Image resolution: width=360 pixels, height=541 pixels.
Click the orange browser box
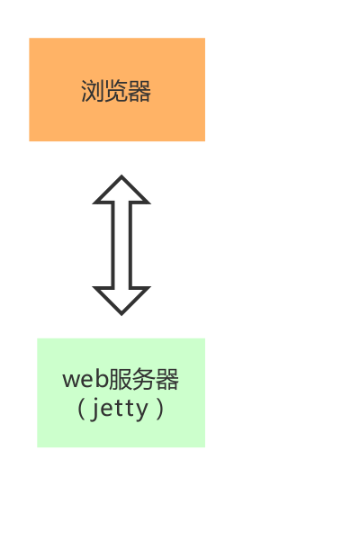pos(117,89)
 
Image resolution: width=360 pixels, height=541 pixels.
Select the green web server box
pos(121,392)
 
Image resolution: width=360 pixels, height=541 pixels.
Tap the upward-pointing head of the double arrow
pos(121,189)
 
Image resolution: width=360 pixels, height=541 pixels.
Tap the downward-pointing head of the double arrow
pos(121,301)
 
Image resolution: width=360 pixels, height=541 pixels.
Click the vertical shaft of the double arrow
pos(121,245)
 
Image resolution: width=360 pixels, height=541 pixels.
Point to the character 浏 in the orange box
pos(93,91)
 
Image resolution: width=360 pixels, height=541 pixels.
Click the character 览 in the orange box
pos(116,91)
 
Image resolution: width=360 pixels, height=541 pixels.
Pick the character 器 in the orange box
pos(139,91)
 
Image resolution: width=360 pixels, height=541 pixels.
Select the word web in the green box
pos(85,379)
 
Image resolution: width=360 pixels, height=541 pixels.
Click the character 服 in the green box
pos(120,379)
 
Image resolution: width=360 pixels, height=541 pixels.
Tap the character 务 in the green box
pos(143,379)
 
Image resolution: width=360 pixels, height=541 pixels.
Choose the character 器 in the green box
pos(166,379)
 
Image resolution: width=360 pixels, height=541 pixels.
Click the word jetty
pos(119,410)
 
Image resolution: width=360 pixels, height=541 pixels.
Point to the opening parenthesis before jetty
pos(81,410)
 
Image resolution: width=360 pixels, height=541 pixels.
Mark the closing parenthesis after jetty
pos(159,410)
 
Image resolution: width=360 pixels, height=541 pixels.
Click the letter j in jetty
pos(94,410)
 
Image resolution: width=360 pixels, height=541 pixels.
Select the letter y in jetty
pos(142,412)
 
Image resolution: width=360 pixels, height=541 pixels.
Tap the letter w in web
pos(71,381)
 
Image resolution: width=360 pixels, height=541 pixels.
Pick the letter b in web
pos(102,378)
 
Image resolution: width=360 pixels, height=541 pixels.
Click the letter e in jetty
pos(108,410)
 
